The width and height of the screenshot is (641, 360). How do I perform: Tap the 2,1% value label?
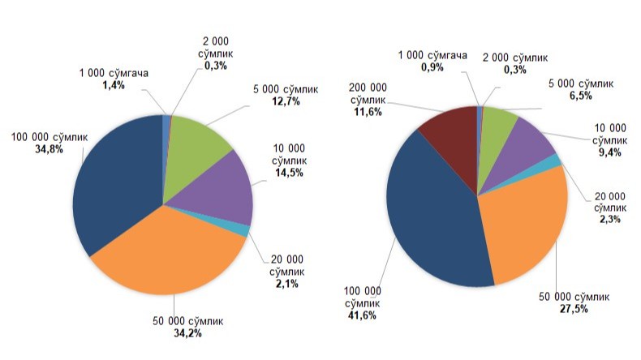point(286,283)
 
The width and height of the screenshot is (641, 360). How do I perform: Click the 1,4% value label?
point(113,84)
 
